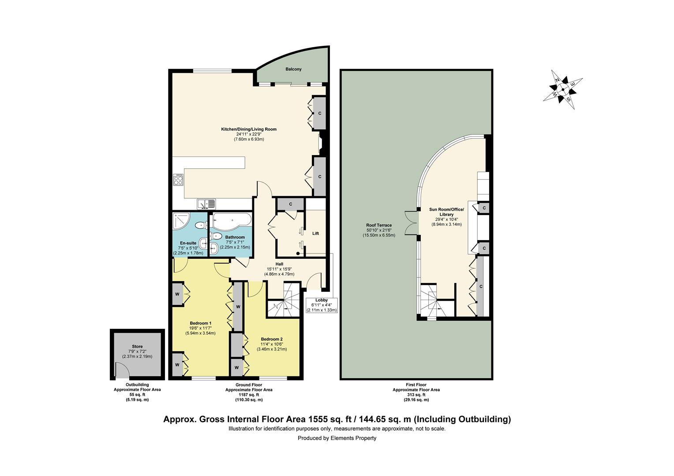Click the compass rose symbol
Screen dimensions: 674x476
[x=563, y=89]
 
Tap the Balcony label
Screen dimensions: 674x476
[x=293, y=69]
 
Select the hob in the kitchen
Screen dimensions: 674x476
[x=178, y=180]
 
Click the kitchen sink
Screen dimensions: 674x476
[x=206, y=204]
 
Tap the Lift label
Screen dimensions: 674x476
[x=315, y=233]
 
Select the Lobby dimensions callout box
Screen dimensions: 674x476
[x=322, y=305]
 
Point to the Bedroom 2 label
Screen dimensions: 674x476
[x=272, y=339]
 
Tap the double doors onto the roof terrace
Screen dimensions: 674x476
[x=412, y=223]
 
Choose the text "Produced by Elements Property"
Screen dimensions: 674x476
[x=337, y=438]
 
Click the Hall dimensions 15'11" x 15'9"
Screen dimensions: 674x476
[x=279, y=269]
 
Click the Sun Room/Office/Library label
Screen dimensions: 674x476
[x=446, y=212]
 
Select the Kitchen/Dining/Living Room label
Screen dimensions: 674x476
[x=249, y=129]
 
